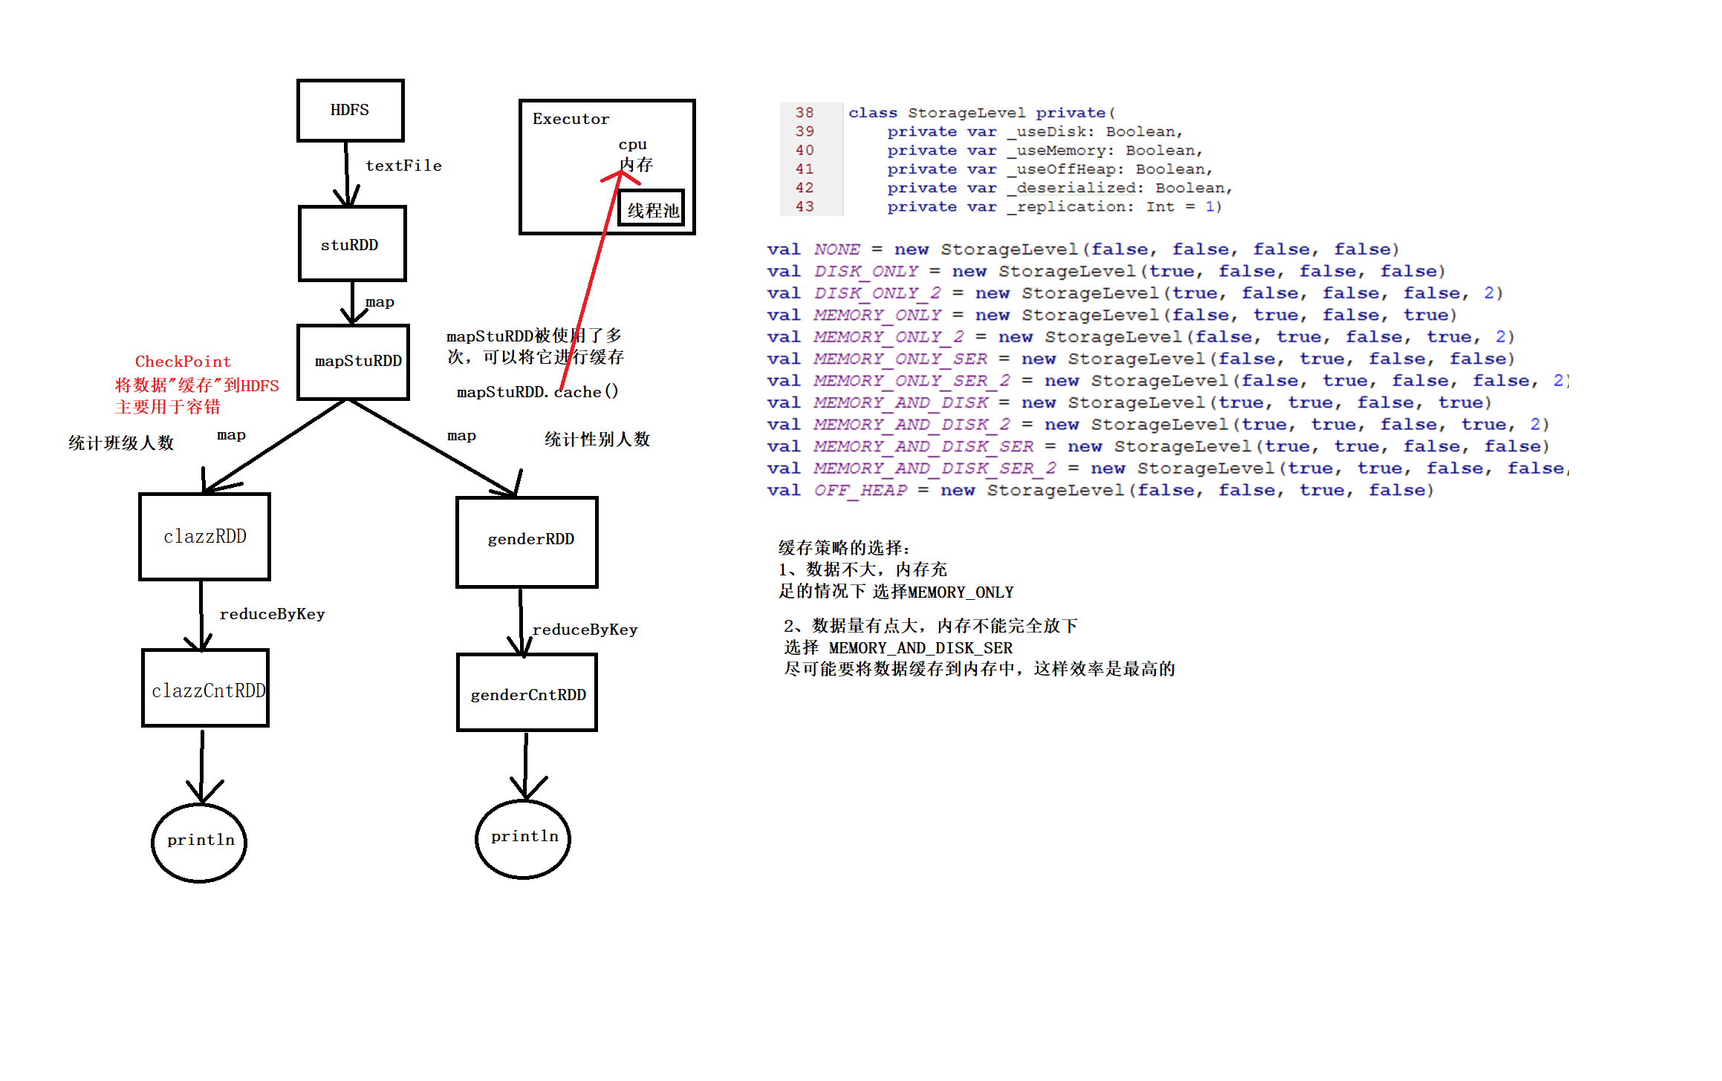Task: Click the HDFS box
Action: [x=350, y=110]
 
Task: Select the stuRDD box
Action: [x=351, y=244]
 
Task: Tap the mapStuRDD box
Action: [x=354, y=362]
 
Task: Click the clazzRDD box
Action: [x=204, y=536]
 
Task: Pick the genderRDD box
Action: [x=527, y=541]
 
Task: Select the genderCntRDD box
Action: [x=527, y=693]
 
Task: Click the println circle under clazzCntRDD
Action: [x=199, y=842]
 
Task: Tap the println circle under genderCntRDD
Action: [x=523, y=838]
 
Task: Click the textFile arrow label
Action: [x=403, y=166]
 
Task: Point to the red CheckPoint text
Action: [x=183, y=362]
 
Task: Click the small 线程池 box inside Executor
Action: [x=652, y=209]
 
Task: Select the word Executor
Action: [x=571, y=119]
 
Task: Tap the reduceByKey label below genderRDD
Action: [x=585, y=630]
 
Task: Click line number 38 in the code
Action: [x=805, y=112]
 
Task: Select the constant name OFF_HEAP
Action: [x=860, y=490]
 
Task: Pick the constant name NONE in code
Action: [x=836, y=249]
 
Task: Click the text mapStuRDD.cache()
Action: [x=537, y=392]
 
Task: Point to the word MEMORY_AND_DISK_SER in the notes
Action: [x=920, y=648]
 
